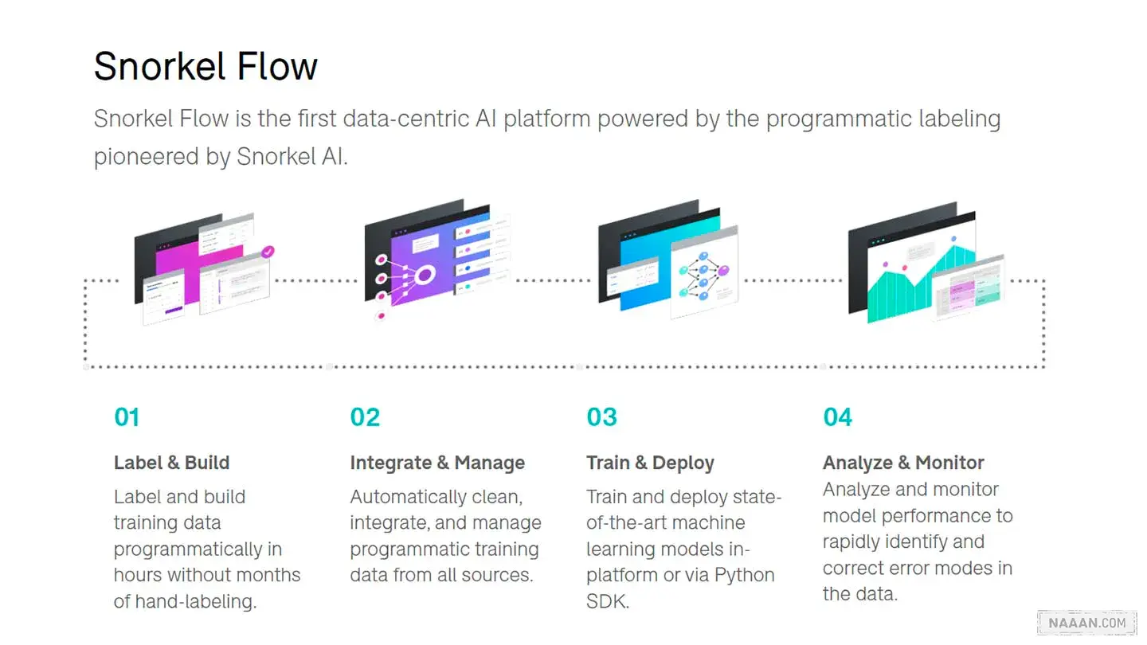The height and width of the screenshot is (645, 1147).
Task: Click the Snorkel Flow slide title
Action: click(206, 67)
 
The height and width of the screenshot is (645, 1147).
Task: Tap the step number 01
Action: click(127, 417)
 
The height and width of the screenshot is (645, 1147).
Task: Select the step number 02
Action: click(365, 417)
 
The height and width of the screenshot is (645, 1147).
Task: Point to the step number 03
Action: click(601, 417)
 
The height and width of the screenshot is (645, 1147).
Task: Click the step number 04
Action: click(838, 417)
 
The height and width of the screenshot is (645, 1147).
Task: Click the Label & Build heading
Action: click(171, 463)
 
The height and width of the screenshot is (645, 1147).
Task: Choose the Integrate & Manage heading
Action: click(437, 463)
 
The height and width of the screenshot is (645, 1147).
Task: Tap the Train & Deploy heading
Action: click(650, 463)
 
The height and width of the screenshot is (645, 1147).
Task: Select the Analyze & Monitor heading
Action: click(903, 463)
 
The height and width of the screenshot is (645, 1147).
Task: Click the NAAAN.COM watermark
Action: click(1087, 623)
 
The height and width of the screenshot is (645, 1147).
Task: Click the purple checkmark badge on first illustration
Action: click(268, 252)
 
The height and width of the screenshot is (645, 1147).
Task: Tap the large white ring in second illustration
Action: click(425, 276)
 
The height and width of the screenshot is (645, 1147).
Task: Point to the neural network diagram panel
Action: click(705, 272)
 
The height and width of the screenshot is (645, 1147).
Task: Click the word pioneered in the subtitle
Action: click(146, 157)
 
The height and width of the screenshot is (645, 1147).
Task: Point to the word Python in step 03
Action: click(744, 576)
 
